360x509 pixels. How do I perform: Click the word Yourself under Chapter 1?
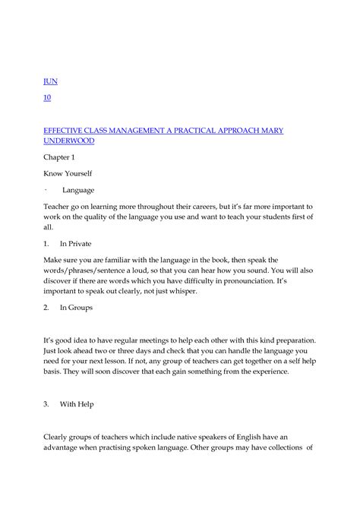pyautogui.click(x=82, y=174)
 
